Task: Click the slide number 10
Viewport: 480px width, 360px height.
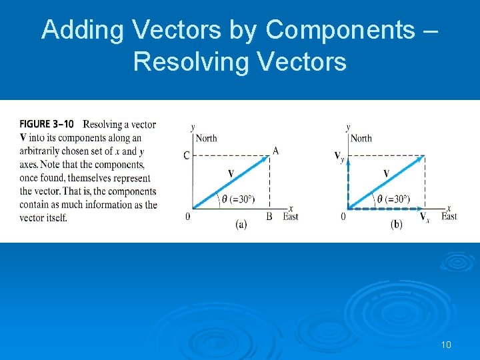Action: coord(446,345)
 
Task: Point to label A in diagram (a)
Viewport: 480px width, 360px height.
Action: coord(275,151)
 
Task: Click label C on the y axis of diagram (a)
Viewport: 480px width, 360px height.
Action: coord(187,156)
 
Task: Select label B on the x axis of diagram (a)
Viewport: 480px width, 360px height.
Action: coord(269,216)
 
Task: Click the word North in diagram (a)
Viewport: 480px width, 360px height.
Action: coord(207,138)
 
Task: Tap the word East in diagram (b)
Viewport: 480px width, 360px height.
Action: coord(449,216)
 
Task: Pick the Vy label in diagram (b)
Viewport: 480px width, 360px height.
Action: coord(340,157)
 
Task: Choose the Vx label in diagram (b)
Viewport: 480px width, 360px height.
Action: coord(424,217)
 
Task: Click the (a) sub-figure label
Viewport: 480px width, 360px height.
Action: coord(241,225)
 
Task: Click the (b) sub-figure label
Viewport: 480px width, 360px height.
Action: coord(396,225)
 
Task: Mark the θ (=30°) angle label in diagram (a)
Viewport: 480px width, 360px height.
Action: coord(239,199)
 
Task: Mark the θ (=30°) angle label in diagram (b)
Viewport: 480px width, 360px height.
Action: coord(393,199)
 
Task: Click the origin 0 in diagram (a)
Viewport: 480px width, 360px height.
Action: coord(187,216)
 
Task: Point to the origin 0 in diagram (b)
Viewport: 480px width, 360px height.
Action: coord(343,216)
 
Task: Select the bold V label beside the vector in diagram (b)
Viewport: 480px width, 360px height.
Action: coord(386,173)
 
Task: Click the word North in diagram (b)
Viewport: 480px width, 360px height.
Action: coord(361,138)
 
